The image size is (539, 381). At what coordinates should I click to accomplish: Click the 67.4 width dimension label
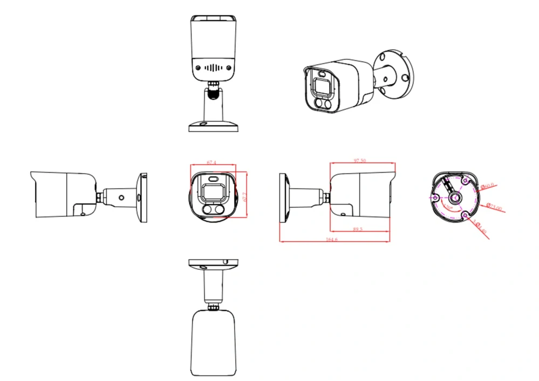coord(211,162)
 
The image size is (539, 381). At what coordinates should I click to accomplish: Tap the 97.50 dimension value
coord(359,161)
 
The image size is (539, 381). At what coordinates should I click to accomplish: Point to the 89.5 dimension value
coord(358,229)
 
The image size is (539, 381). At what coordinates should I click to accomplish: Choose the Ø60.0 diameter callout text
coord(488,186)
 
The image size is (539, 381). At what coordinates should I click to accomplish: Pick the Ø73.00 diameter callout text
coord(494,206)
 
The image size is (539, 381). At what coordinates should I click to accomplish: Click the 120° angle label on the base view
coord(448,207)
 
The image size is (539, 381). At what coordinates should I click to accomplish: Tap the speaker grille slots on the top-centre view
coord(214,67)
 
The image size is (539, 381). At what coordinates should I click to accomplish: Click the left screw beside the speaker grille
coord(199,67)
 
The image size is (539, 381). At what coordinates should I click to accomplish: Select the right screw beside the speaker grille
coord(229,67)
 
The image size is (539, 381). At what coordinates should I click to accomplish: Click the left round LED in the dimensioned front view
coord(207,210)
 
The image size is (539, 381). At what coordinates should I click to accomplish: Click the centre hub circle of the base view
coord(454,198)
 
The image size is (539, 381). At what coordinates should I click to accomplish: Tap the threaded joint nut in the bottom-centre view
coord(214,307)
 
